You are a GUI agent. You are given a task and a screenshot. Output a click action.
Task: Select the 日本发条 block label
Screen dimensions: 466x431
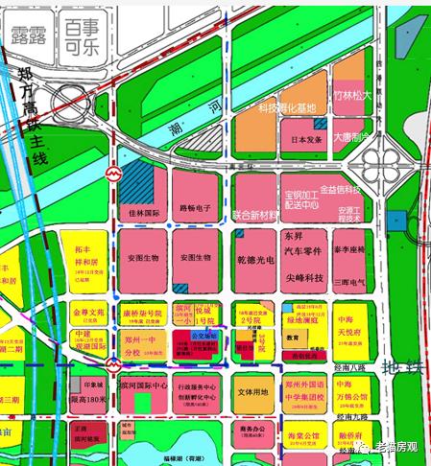pos(304,140)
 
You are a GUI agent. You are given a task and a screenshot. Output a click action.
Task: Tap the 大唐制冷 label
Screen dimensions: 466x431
pos(351,137)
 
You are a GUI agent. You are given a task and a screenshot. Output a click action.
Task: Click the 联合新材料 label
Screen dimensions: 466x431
pos(254,215)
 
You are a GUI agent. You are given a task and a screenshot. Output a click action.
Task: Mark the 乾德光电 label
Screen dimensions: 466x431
pos(254,259)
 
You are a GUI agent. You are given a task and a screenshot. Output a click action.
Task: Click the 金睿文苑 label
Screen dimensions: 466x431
pos(87,313)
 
